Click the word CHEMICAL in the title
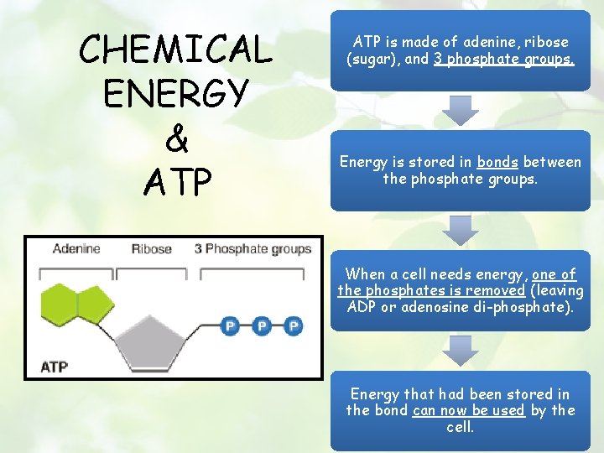[175, 49]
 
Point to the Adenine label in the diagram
[75, 248]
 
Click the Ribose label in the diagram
[151, 248]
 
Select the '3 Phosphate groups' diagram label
[253, 248]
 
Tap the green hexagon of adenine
[59, 304]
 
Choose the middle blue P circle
[262, 325]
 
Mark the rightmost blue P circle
[292, 325]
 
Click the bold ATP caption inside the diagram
[55, 367]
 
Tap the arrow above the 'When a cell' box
[461, 228]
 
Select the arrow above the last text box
[461, 350]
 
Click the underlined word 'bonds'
[497, 162]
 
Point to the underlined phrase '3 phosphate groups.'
[504, 59]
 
